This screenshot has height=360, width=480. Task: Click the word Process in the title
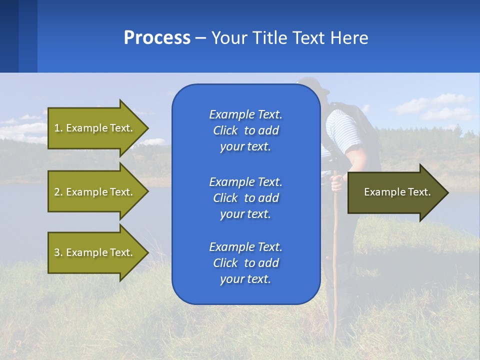pos(157,38)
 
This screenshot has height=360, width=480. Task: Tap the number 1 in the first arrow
pos(57,128)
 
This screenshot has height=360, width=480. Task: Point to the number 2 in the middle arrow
pos(57,192)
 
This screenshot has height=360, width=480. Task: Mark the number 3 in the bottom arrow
pos(57,252)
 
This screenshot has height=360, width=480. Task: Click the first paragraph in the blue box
pos(245,130)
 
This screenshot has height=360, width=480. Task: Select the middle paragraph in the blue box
pos(245,198)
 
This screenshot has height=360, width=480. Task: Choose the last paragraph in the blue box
pos(245,263)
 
